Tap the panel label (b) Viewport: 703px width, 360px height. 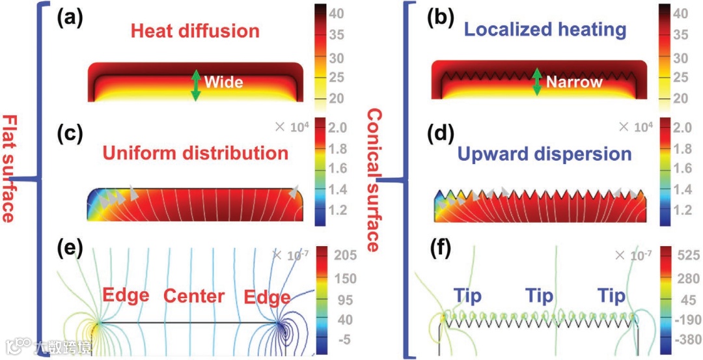pyautogui.click(x=440, y=19)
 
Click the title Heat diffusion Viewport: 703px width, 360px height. pyautogui.click(x=195, y=31)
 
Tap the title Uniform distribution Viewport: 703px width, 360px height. pyautogui.click(x=195, y=153)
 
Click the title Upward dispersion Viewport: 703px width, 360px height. pyautogui.click(x=544, y=154)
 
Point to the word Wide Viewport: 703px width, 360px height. pyautogui.click(x=223, y=83)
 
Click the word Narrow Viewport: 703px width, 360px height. pyautogui.click(x=574, y=83)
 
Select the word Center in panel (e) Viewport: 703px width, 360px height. pyautogui.click(x=193, y=297)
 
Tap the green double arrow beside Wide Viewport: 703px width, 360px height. pyautogui.click(x=195, y=85)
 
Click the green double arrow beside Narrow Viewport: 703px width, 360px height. pyautogui.click(x=537, y=82)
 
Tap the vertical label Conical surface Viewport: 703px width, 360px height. pyautogui.click(x=373, y=180)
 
